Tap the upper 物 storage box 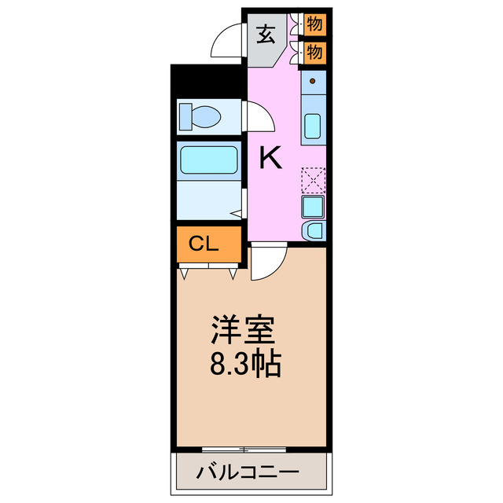tap(314, 23)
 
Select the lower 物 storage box tap(314, 53)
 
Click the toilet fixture tap(201, 117)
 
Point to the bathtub tap(208, 160)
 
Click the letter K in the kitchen tap(270, 160)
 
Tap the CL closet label tap(204, 244)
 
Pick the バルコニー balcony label tap(248, 475)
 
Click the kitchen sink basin tap(313, 126)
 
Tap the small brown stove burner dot tap(313, 81)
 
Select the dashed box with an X tap(313, 180)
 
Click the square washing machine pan tap(313, 207)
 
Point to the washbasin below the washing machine tap(314, 230)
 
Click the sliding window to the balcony tap(244, 450)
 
